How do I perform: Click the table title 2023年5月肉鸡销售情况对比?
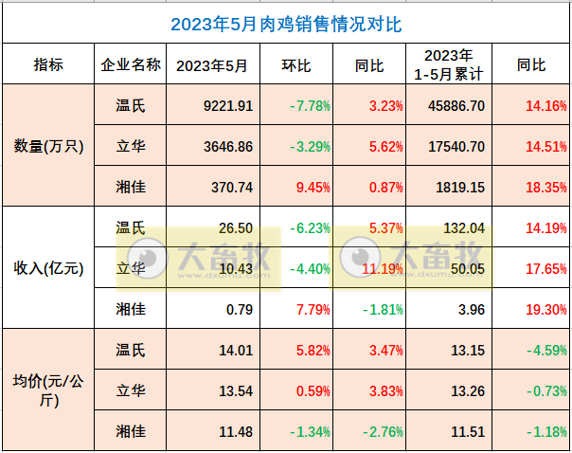285,23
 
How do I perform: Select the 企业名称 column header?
131,65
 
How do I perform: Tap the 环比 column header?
296,65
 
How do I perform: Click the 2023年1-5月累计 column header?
449,64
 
